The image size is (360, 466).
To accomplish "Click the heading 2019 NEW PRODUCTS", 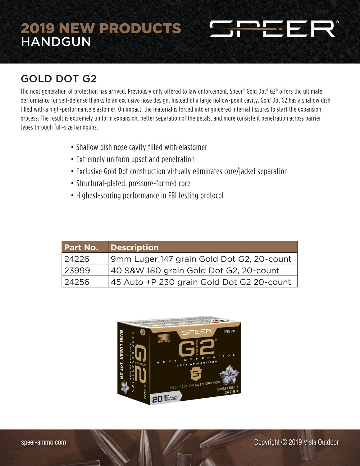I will (x=101, y=28).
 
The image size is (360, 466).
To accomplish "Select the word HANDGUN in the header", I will (x=56, y=42).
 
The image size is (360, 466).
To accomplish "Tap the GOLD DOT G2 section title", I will (x=59, y=79).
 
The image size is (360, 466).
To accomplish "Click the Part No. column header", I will (x=81, y=247).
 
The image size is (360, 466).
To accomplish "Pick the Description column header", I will (x=134, y=247).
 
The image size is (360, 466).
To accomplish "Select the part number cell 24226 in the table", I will (x=77, y=259).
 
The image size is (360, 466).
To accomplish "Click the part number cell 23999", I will (x=77, y=270).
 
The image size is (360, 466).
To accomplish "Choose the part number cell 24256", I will (x=77, y=282).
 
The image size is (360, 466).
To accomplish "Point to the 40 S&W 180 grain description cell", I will (x=195, y=270).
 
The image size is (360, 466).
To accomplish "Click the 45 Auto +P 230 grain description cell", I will (x=201, y=282).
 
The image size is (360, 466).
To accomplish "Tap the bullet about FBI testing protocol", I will (x=149, y=195).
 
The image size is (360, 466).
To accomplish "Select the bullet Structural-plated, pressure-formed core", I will (x=133, y=183).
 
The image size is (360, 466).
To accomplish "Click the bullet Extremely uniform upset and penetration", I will (x=135, y=159).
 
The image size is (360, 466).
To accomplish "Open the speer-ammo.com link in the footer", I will (x=43, y=442).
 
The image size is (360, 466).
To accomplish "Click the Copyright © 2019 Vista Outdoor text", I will (x=296, y=442).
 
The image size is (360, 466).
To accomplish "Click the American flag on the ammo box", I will (x=164, y=337).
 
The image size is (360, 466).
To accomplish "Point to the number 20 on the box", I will (x=157, y=399).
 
